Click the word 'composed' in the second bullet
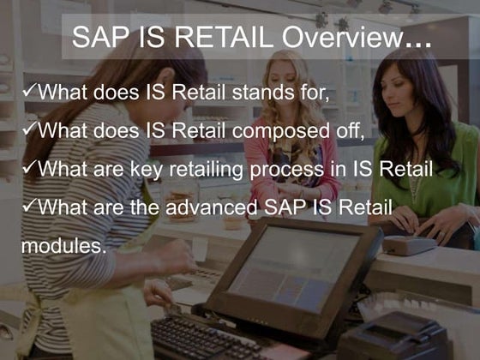click(290, 131)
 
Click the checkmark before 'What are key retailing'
click(30, 168)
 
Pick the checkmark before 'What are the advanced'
click(30, 207)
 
